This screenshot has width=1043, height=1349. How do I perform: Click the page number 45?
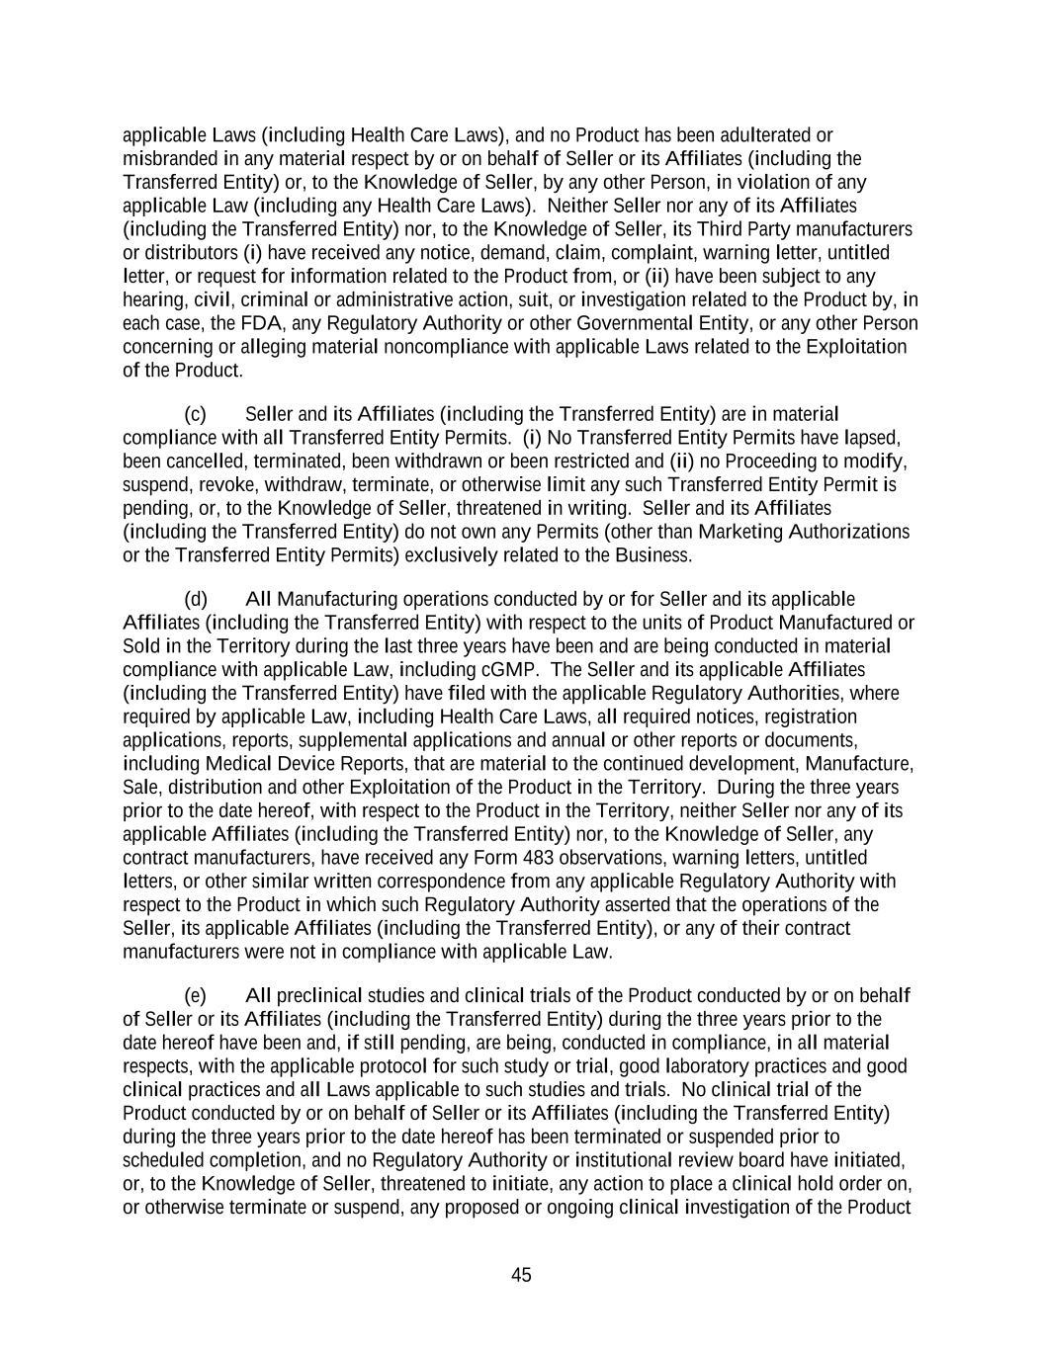[521, 1275]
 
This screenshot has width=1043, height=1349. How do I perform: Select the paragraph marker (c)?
[195, 413]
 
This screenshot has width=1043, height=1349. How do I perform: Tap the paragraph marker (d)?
[195, 599]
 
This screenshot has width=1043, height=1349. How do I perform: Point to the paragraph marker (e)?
[195, 995]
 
